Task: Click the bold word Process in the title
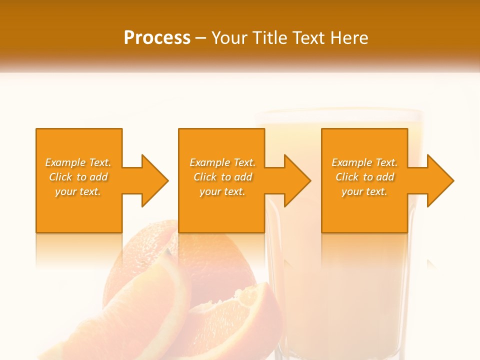point(157,38)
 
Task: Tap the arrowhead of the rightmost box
point(439,180)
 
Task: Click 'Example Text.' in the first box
point(78,162)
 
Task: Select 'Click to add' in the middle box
point(222,177)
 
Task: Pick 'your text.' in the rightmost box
point(364,191)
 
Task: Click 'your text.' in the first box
point(78,191)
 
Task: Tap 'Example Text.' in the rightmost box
point(364,162)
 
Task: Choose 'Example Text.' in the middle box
point(222,162)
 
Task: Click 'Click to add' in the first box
point(78,177)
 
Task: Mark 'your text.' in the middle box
point(222,191)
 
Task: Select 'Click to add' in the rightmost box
point(364,177)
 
